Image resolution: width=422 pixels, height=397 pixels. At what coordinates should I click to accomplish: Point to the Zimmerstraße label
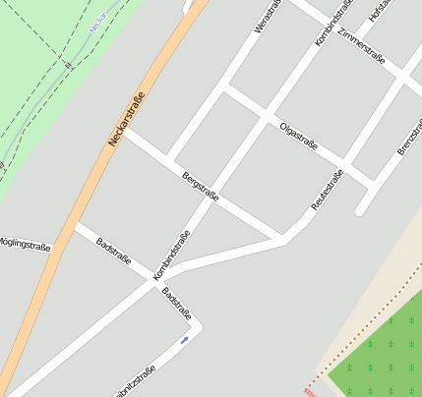click(360, 47)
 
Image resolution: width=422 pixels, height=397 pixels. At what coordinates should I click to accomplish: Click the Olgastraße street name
click(298, 136)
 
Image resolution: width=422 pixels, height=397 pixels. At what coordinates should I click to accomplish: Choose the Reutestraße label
click(327, 191)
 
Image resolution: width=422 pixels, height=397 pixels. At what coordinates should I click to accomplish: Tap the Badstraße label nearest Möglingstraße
click(113, 252)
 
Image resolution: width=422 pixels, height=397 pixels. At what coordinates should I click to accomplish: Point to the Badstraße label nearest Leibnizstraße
click(176, 305)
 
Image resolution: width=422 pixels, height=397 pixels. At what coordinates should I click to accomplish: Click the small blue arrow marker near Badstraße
click(184, 340)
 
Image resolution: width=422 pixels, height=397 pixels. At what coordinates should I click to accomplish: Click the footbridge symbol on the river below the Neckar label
click(68, 64)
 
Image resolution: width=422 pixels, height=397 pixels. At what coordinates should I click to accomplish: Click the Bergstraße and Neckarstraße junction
click(122, 132)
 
